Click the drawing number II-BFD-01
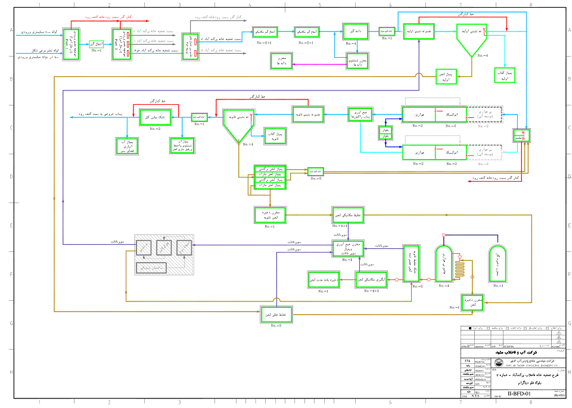520,394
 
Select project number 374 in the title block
467,362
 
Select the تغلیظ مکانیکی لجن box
347,214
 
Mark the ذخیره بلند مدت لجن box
323,279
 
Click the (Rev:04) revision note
558,395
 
